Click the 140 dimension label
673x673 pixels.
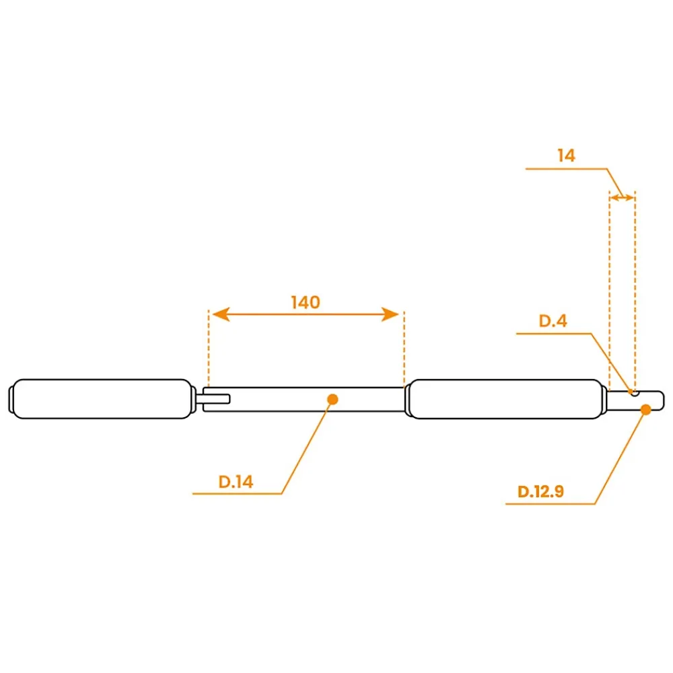click(306, 303)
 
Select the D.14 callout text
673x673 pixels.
click(236, 482)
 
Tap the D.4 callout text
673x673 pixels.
click(553, 320)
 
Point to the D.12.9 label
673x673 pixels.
click(540, 491)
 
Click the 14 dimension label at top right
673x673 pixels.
click(566, 155)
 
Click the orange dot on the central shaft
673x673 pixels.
click(332, 400)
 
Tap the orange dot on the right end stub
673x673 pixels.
click(645, 409)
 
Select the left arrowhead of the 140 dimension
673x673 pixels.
click(221, 314)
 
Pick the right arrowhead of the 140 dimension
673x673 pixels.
click(390, 314)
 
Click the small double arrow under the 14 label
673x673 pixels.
click(622, 197)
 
